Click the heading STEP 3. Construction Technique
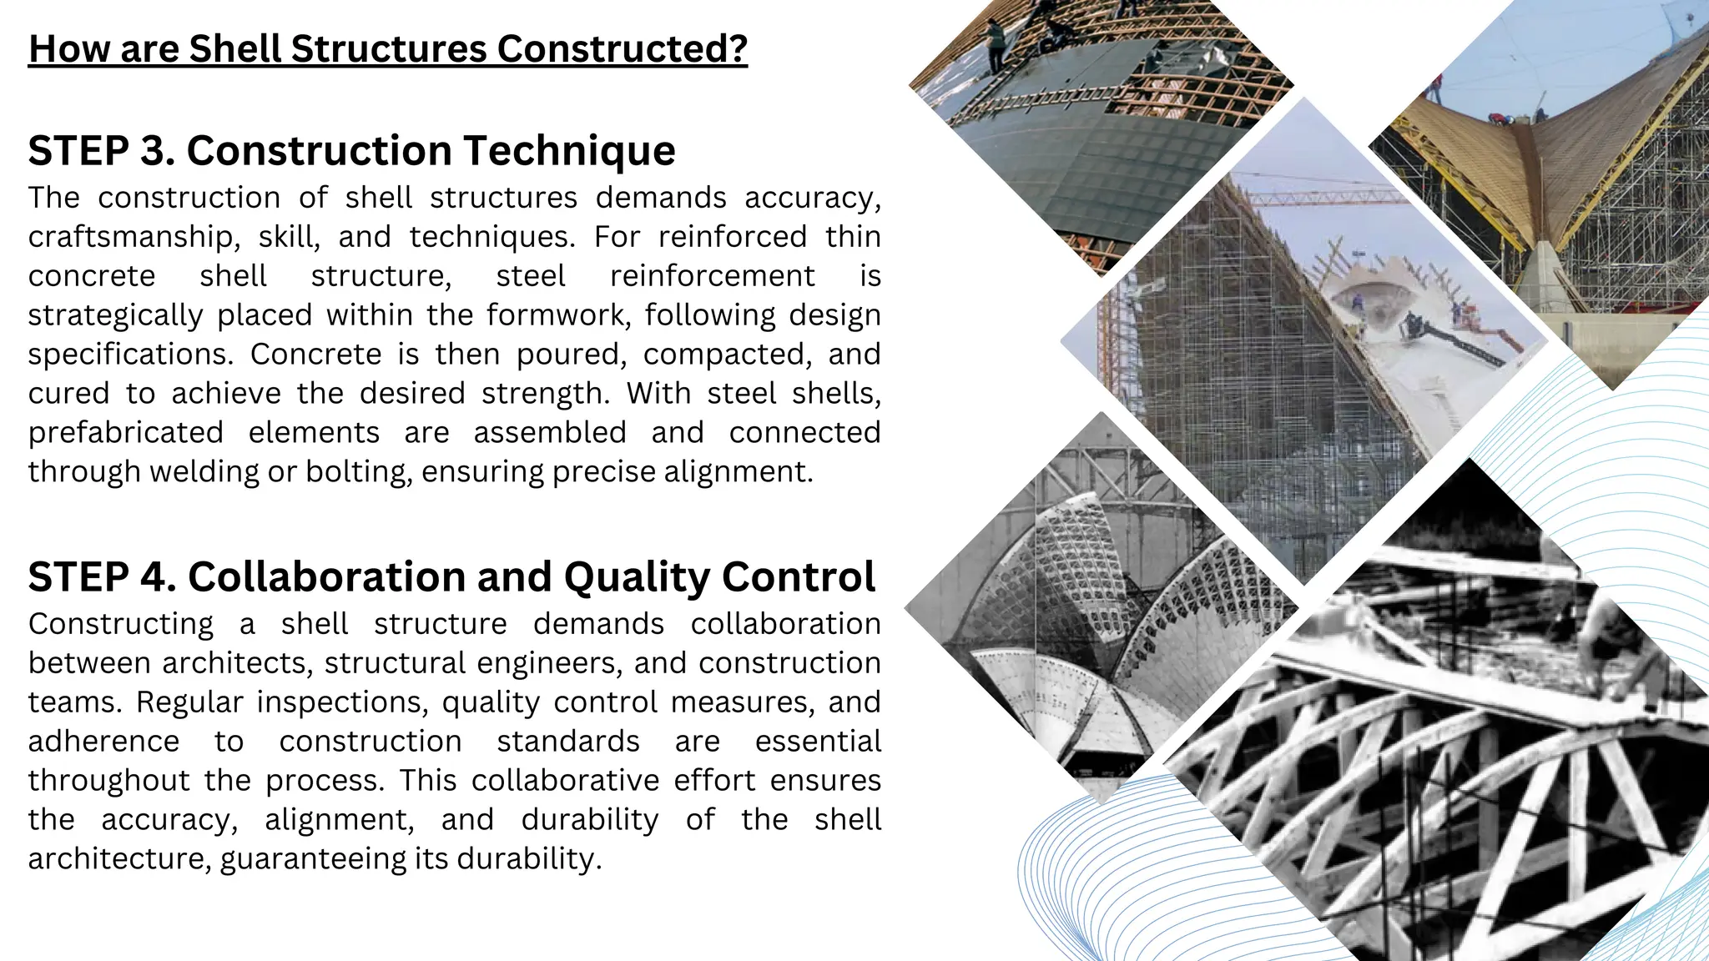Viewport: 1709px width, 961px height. coord(351,151)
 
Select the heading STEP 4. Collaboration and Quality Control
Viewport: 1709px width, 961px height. coord(451,576)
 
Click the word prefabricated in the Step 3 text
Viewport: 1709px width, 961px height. coord(125,433)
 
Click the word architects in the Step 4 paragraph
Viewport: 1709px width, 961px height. coord(237,663)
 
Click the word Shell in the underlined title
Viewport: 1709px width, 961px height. coord(235,48)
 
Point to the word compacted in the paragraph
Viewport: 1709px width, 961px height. coord(727,355)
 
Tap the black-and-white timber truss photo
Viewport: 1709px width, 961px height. coord(1435,751)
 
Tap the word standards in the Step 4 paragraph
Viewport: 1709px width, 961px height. coord(568,742)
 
